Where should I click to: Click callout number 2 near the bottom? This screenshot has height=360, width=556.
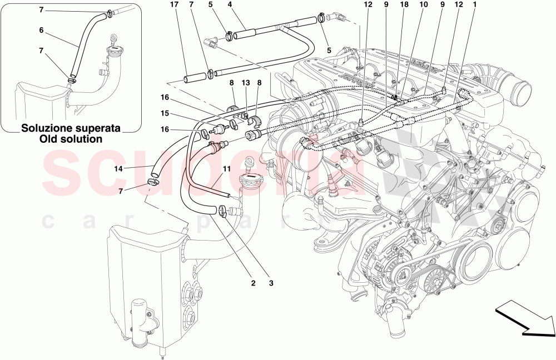[x=253, y=283]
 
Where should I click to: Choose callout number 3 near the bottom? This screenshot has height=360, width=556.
[x=272, y=283]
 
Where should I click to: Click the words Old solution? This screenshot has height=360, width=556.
[x=71, y=139]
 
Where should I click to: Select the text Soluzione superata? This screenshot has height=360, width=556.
[x=71, y=128]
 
